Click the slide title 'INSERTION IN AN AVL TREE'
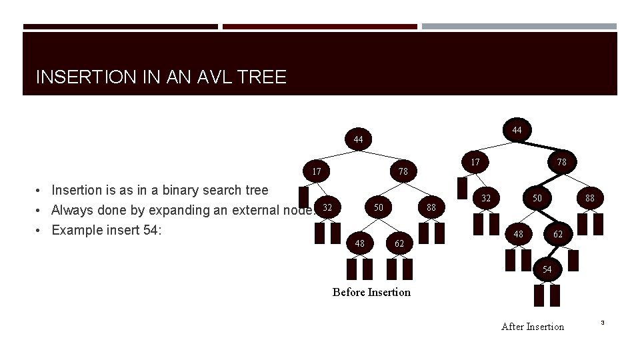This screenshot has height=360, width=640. tap(161, 77)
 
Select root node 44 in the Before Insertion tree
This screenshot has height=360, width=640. tap(359, 139)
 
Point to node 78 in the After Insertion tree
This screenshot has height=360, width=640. tap(561, 161)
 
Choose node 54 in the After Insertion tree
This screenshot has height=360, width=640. tap(547, 269)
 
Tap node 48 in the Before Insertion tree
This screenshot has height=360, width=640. tap(360, 243)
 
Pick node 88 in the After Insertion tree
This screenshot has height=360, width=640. tap(590, 198)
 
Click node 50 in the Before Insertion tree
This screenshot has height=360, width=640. tap(378, 207)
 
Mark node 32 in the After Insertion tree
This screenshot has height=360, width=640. tap(486, 198)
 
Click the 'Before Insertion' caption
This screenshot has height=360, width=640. tap(372, 292)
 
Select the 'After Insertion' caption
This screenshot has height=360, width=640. tap(532, 326)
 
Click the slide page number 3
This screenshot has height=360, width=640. tap(602, 323)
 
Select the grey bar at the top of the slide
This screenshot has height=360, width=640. tap(519, 27)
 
